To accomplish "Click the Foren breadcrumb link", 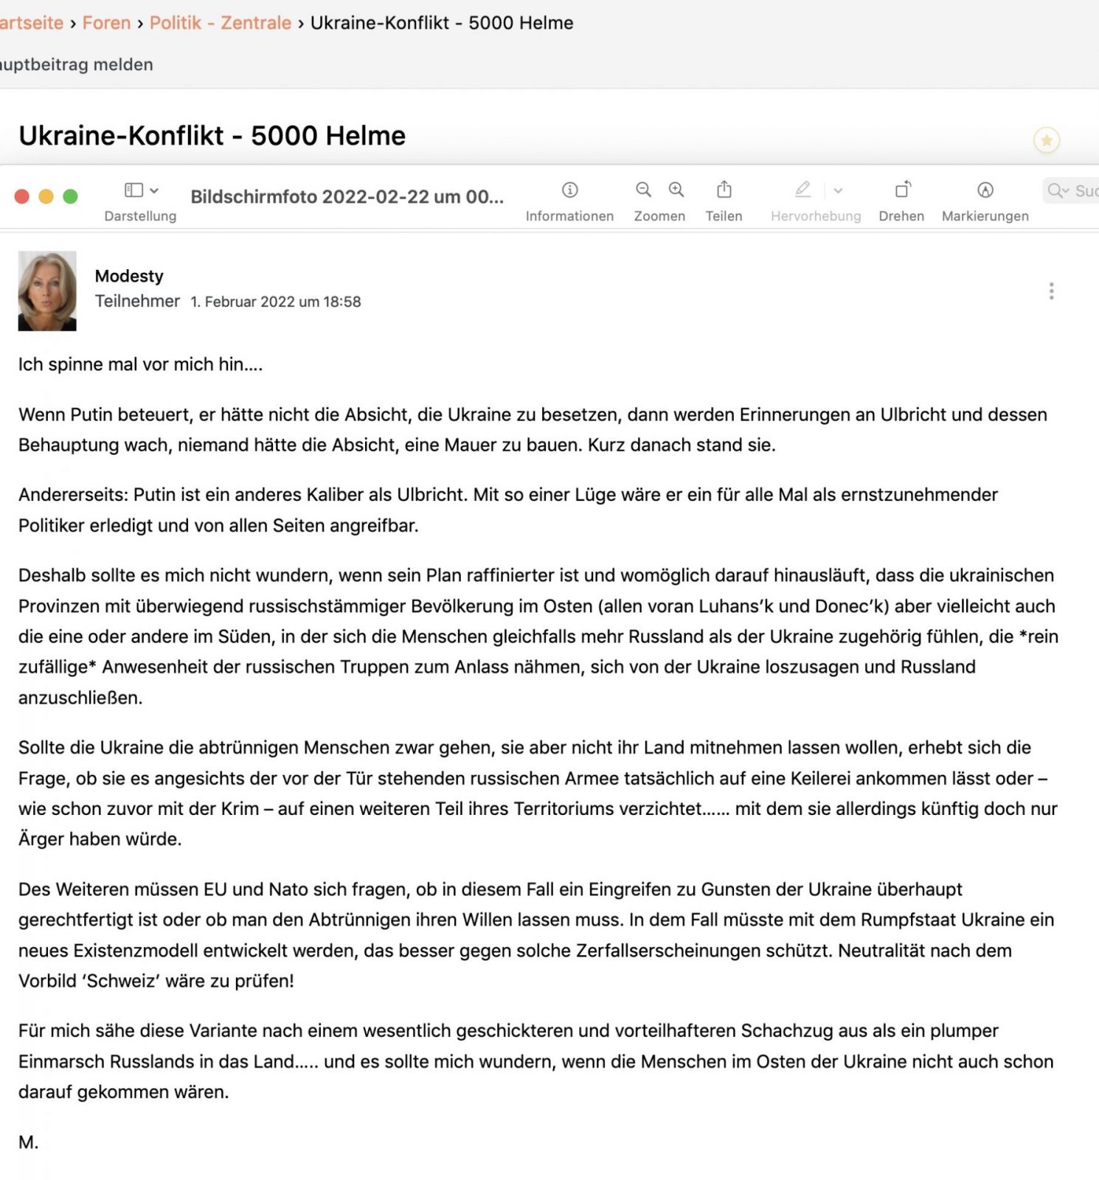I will point(106,23).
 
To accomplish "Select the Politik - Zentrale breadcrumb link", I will point(220,23).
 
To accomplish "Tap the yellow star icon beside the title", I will point(1046,140).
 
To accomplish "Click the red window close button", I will point(22,196).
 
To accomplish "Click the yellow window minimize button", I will point(46,196).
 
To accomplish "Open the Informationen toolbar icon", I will point(569,190).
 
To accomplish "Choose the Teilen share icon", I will point(724,190).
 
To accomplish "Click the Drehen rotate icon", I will point(902,190).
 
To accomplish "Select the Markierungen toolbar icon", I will point(985,190).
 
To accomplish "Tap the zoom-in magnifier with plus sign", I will point(676,190).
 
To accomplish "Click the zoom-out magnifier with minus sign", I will point(643,190).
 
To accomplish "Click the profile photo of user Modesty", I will point(47,291).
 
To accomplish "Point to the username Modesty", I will point(129,276).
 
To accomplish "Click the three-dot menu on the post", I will point(1051,291).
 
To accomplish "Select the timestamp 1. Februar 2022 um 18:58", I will point(275,302).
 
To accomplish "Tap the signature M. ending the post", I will point(28,1142).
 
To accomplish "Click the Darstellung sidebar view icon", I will point(134,190).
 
